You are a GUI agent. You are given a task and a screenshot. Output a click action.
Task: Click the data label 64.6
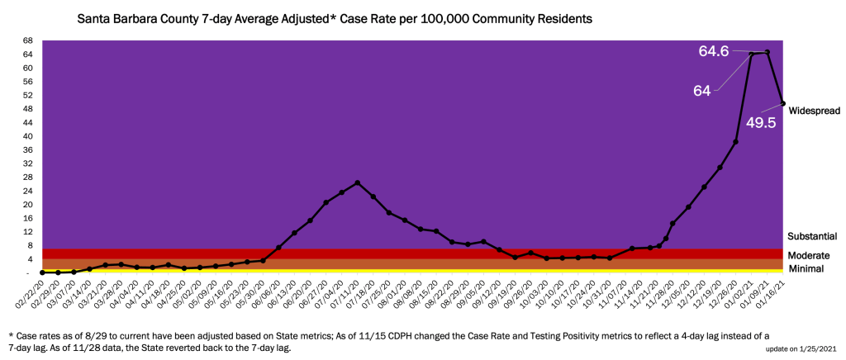tap(714, 51)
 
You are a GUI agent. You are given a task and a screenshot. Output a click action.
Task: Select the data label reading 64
tap(702, 91)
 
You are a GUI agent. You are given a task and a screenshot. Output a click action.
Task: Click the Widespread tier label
tap(815, 110)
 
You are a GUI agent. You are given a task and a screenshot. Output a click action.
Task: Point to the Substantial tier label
tap(814, 236)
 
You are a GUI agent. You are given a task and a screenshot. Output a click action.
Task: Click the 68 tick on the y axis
tap(28, 40)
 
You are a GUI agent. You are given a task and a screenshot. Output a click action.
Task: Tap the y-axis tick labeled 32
tap(28, 163)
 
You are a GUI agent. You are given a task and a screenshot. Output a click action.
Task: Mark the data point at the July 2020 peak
tap(357, 182)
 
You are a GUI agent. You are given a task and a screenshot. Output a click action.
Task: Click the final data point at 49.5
tap(783, 103)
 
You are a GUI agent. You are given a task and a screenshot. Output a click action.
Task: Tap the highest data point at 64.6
tap(768, 52)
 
